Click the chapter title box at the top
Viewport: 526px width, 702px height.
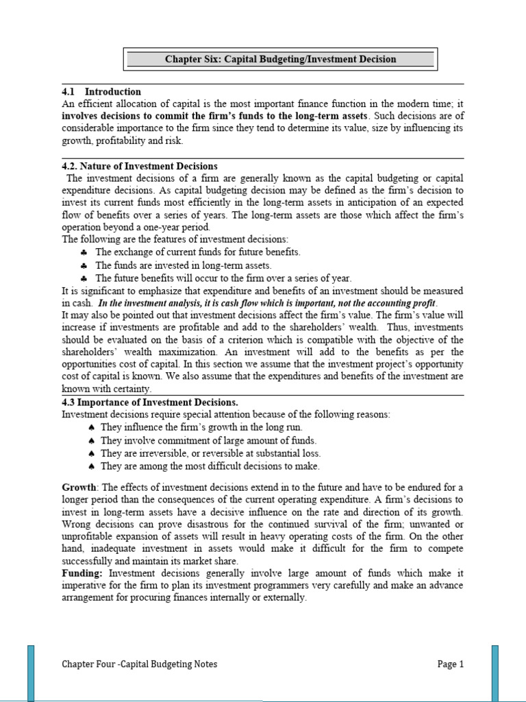tap(280, 59)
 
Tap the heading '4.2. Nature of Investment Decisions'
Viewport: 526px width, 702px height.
tap(140, 166)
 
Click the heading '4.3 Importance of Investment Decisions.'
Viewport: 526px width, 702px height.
tap(150, 402)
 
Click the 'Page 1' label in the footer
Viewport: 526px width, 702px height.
tap(451, 664)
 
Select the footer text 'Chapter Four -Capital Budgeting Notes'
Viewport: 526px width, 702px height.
tap(140, 664)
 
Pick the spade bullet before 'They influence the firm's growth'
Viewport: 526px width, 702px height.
tap(91, 428)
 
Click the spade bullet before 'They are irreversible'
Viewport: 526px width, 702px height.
tap(91, 454)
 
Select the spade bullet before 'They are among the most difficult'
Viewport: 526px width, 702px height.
tap(91, 467)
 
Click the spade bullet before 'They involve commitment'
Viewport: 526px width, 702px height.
tap(91, 441)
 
